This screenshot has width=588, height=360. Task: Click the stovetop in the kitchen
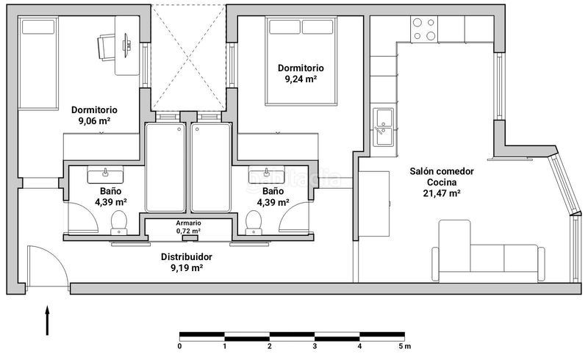click(424, 29)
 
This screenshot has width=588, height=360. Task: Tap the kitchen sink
click(383, 127)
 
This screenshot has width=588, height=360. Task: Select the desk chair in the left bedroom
click(107, 47)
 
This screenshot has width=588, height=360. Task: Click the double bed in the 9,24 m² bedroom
click(301, 61)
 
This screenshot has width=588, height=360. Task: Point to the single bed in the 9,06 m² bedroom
click(38, 63)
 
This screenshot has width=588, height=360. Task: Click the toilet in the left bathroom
click(119, 223)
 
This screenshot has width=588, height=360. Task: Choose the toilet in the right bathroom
click(254, 223)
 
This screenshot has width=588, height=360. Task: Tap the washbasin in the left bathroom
click(105, 175)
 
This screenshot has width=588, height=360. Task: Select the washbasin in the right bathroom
click(266, 175)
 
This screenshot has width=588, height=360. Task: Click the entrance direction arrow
click(47, 320)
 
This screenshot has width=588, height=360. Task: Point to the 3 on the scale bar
click(315, 346)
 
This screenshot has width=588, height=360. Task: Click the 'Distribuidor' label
click(187, 257)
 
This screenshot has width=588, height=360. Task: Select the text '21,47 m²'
click(442, 193)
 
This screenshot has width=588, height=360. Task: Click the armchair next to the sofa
click(454, 245)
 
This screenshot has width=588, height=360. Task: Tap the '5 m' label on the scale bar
click(405, 346)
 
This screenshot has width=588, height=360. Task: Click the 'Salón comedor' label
click(442, 171)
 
